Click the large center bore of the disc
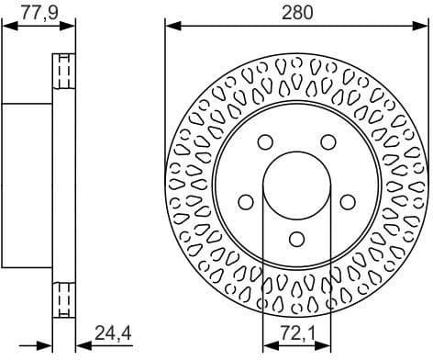point(296,183)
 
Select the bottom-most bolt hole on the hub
point(296,238)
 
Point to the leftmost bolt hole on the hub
point(245,202)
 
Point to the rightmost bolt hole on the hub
point(348,202)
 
